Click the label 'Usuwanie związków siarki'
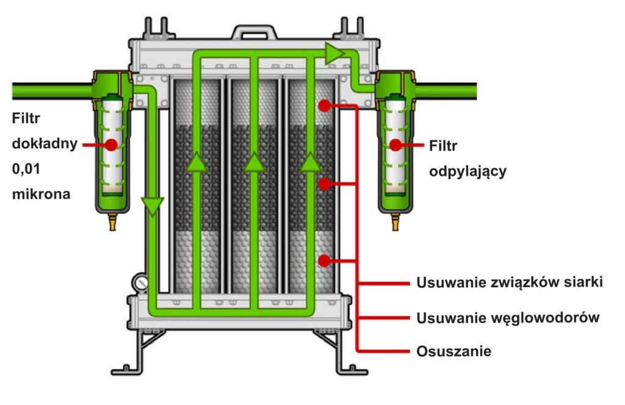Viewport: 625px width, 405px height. pos(510,282)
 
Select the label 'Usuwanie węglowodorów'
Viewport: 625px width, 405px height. pos(508,318)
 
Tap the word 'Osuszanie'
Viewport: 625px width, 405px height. pos(453,351)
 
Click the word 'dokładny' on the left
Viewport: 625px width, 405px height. pos(45,143)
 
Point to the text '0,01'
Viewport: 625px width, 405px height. pos(26,169)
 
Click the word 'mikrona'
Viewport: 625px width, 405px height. pos(41,194)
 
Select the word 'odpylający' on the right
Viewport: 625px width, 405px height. pos(468,171)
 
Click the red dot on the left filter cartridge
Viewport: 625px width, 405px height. pos(111,145)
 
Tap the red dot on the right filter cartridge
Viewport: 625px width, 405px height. pos(396,145)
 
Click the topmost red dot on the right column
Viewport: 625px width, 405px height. pos(325,106)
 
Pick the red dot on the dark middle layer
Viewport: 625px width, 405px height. pos(325,184)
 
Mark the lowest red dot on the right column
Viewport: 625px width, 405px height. pos(325,261)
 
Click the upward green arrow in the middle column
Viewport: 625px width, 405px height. pos(255,162)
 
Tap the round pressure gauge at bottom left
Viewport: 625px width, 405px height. pos(141,283)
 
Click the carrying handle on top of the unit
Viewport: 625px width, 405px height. pos(255,32)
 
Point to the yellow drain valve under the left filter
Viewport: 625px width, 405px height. pos(112,222)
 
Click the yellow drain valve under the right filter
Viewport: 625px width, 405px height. pos(395,222)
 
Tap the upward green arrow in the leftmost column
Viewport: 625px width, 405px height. pos(197,162)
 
